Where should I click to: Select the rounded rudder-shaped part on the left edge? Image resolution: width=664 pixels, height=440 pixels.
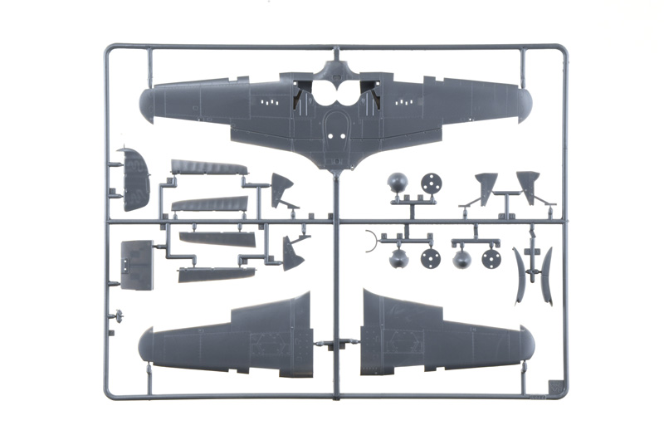135,179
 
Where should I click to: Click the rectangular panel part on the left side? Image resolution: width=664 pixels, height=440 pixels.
137,265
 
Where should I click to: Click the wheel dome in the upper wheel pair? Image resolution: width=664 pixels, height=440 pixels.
398,183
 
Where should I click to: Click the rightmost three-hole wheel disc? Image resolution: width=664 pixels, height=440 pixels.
491,258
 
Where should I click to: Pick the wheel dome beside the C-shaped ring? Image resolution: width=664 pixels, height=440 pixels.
398,259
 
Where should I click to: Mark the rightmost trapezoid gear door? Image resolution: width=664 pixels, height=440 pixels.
528,185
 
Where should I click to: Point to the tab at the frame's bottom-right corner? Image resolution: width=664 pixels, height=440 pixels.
554,387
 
